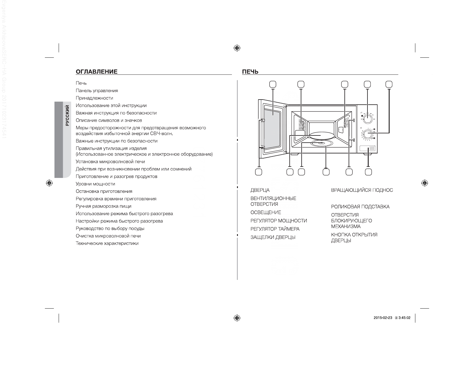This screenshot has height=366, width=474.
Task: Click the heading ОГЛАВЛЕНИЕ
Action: pos(96,71)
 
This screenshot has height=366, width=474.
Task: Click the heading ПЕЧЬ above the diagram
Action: pos(250,71)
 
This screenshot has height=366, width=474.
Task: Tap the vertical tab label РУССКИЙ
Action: pos(67,115)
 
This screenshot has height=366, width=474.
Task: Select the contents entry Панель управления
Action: pos(97,91)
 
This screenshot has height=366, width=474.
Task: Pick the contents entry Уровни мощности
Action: pos(95,184)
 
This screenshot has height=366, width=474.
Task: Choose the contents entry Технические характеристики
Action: pos(107,243)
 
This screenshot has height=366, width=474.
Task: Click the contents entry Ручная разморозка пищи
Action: pos(103,206)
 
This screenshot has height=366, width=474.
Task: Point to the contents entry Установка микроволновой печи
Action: pos(110,162)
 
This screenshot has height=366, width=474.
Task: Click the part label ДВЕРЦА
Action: pos(260,190)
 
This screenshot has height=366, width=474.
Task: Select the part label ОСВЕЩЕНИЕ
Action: pos(265,213)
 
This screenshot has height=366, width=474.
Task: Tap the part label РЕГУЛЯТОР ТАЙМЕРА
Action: pos(275,229)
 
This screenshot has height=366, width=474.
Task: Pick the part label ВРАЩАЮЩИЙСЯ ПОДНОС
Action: pos(362,190)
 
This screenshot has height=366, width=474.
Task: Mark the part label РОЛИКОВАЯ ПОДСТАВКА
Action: pos(360,207)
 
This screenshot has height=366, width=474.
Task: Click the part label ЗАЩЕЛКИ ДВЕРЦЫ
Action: pos(273,237)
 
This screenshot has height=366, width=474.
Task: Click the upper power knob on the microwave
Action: pos(368,119)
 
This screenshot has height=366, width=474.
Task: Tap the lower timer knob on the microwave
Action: pos(368,135)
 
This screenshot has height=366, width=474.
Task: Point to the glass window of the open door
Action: pos(273,130)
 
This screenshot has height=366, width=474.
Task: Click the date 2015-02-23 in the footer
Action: pos(383,318)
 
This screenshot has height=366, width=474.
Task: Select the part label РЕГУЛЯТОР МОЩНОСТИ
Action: pos(278,221)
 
